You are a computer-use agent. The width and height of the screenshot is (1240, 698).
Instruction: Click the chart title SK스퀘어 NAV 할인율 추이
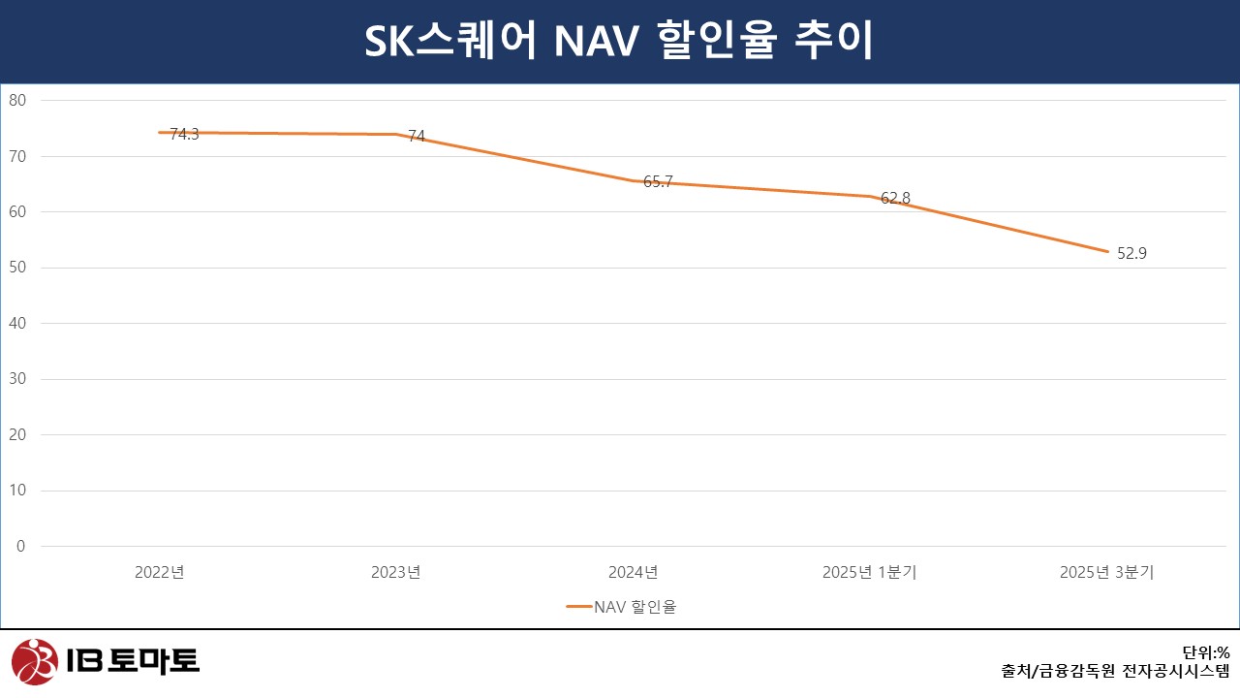[619, 42]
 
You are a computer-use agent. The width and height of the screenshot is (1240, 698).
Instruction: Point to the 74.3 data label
[184, 135]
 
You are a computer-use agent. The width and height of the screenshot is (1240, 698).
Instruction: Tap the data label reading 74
[417, 137]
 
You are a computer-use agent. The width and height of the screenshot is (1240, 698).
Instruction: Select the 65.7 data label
[658, 181]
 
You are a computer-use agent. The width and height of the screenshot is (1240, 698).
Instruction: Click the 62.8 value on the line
[895, 199]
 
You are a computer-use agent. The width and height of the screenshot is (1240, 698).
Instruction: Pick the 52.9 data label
[1131, 254]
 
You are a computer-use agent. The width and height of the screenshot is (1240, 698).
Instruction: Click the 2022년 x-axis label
[160, 572]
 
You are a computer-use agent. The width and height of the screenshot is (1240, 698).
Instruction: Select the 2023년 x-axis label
[396, 572]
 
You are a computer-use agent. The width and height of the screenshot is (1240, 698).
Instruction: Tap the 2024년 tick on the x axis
[634, 572]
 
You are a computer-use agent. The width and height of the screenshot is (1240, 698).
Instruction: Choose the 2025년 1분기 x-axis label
[870, 572]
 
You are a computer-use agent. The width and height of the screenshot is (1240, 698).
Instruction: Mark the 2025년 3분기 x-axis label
[1106, 572]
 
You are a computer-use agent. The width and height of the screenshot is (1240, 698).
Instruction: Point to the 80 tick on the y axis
[17, 100]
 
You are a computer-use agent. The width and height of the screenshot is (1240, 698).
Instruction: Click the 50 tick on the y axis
[17, 268]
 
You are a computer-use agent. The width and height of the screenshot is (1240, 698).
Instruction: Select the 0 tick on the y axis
[20, 547]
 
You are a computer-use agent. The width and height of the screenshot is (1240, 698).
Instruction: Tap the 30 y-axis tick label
[17, 379]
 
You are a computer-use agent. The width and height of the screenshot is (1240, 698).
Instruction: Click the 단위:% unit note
[1205, 652]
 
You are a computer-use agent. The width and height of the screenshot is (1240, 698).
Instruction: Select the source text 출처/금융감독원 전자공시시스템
[1115, 671]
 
